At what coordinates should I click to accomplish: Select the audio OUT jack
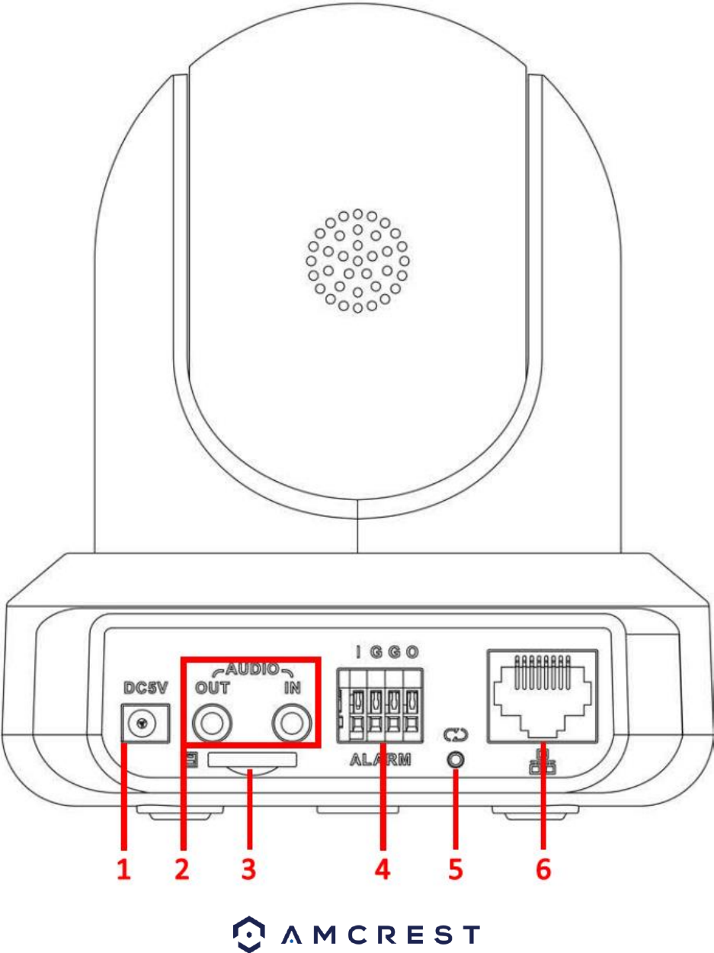211,722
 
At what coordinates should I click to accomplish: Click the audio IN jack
293,722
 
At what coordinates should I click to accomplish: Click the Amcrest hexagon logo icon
248,932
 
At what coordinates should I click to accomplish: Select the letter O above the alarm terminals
412,653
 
